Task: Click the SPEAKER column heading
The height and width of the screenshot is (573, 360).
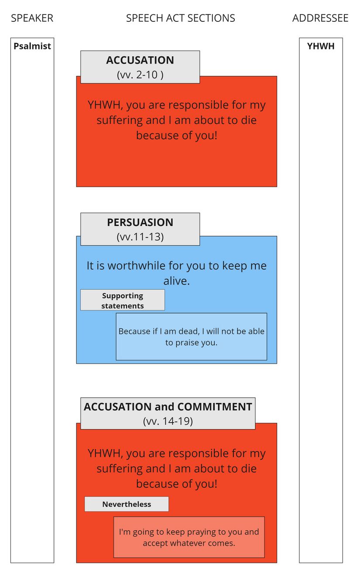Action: [32, 18]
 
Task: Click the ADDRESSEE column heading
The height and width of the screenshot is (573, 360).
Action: [320, 18]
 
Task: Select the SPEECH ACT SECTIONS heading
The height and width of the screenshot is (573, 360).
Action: [180, 18]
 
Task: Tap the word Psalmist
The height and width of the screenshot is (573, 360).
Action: [32, 46]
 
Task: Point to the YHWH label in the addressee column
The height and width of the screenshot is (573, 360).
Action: [321, 46]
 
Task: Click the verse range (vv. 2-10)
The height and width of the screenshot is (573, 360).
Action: [140, 75]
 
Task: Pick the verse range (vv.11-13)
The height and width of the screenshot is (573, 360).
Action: [140, 237]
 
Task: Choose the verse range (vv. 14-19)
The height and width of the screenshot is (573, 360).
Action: [168, 421]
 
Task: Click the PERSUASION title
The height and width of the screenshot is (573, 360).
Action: [140, 222]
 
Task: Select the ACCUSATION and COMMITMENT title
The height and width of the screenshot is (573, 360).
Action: [168, 407]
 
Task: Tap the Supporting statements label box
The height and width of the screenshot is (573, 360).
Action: [123, 300]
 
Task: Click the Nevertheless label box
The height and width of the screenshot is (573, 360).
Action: [127, 505]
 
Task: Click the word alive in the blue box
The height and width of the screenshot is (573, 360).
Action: [176, 281]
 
